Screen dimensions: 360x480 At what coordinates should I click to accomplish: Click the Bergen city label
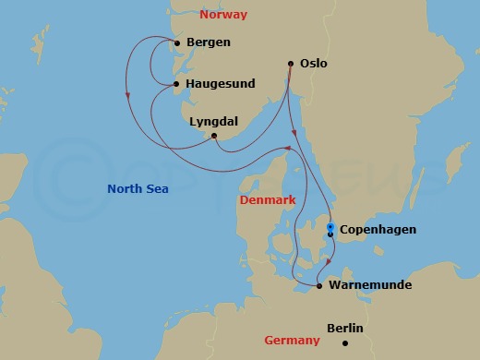[x=208, y=42]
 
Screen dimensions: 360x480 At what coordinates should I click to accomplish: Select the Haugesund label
[x=221, y=84]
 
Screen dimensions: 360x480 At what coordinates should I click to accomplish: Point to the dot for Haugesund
[x=176, y=85]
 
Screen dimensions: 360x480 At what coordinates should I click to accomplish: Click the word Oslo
[x=314, y=64]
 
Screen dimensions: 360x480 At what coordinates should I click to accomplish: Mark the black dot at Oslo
[x=291, y=64]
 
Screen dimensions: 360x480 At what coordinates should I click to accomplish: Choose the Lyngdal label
[x=212, y=120]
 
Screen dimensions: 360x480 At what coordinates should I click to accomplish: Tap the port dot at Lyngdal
[x=214, y=137]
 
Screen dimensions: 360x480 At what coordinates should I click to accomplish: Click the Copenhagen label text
[x=378, y=230]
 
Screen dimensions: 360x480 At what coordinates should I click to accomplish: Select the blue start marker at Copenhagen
[x=330, y=226]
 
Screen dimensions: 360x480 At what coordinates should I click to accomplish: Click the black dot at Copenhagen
[x=330, y=234]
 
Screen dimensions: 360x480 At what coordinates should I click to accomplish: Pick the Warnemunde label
[x=370, y=285]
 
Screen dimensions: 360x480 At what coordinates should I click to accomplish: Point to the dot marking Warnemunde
[x=318, y=286]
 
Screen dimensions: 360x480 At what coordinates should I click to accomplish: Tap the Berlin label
[x=345, y=329]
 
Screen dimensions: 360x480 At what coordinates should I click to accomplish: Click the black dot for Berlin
[x=345, y=343]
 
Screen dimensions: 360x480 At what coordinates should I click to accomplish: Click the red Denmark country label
[x=267, y=199]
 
